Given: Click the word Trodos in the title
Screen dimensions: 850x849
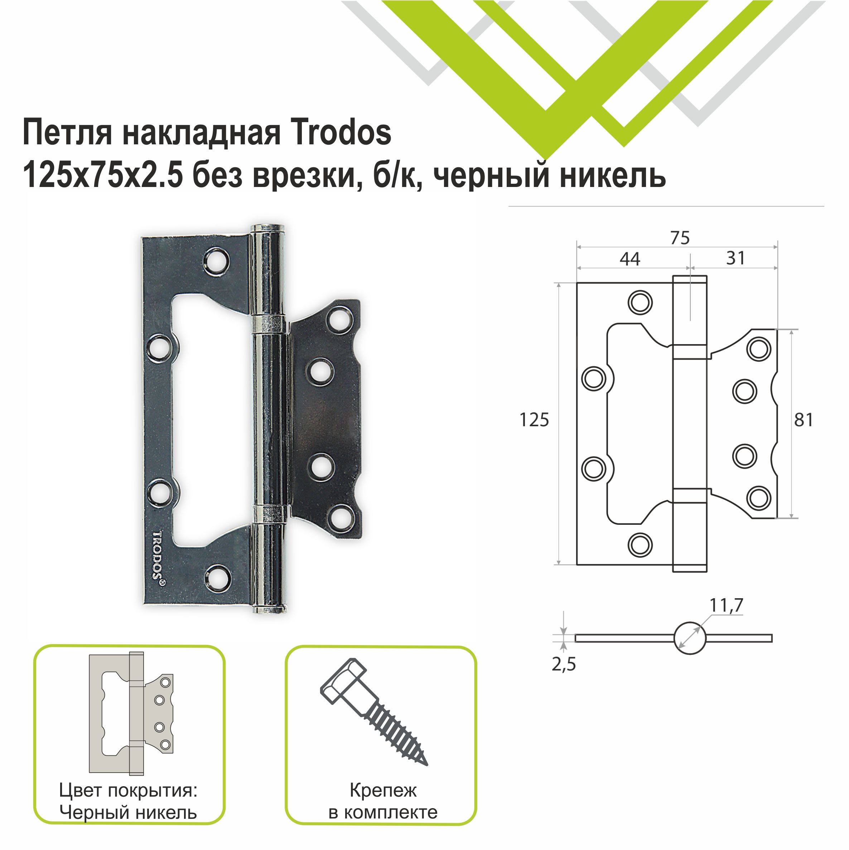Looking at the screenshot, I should (341, 133).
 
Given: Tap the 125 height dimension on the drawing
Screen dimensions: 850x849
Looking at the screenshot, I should (534, 420).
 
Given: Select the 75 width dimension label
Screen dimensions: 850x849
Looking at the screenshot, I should (680, 238).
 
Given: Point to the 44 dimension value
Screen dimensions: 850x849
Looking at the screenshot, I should (629, 259).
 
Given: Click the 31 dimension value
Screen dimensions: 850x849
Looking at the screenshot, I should (735, 258).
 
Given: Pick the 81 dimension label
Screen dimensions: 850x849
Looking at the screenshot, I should (803, 420).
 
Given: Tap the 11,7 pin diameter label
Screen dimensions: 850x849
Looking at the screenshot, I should (726, 605).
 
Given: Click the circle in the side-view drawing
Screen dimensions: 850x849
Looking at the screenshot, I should (689, 638).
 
